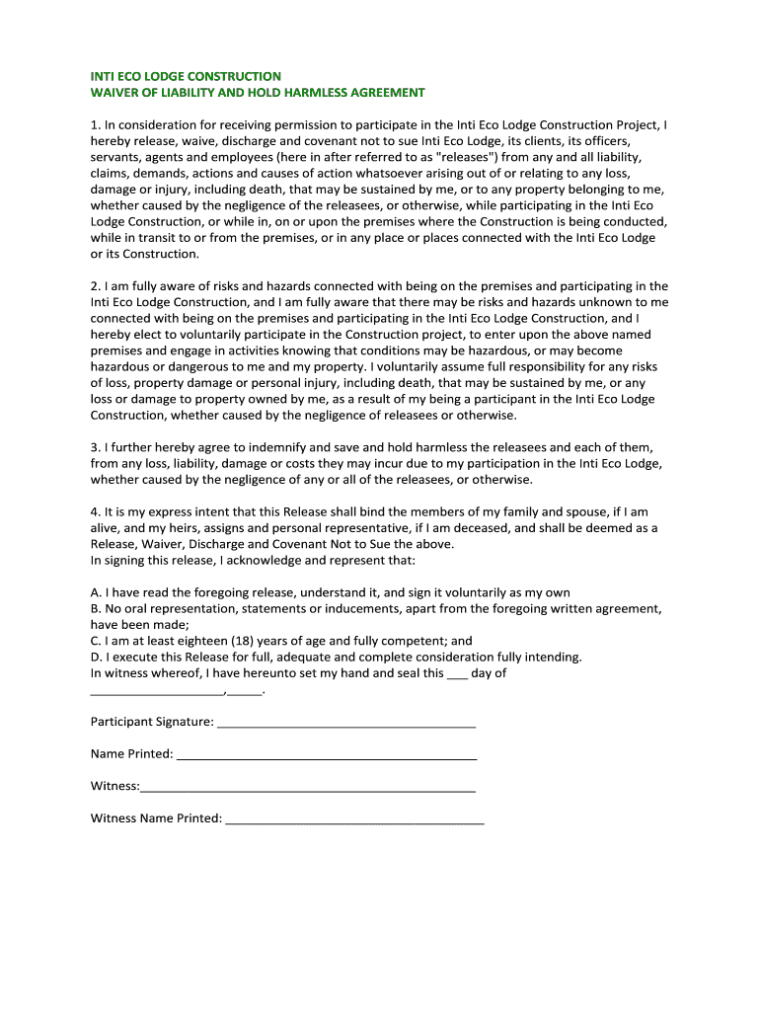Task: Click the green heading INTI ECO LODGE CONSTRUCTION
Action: (x=186, y=76)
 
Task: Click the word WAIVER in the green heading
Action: (x=114, y=93)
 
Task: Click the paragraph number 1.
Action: (x=95, y=125)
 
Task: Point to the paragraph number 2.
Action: (x=95, y=286)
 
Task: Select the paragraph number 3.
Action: (x=95, y=447)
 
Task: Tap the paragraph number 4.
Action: (x=95, y=511)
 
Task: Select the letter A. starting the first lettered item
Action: (x=96, y=592)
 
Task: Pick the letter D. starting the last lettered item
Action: (x=96, y=657)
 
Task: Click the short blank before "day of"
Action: (x=457, y=674)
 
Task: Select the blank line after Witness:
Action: (x=308, y=788)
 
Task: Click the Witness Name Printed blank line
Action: (x=355, y=819)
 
